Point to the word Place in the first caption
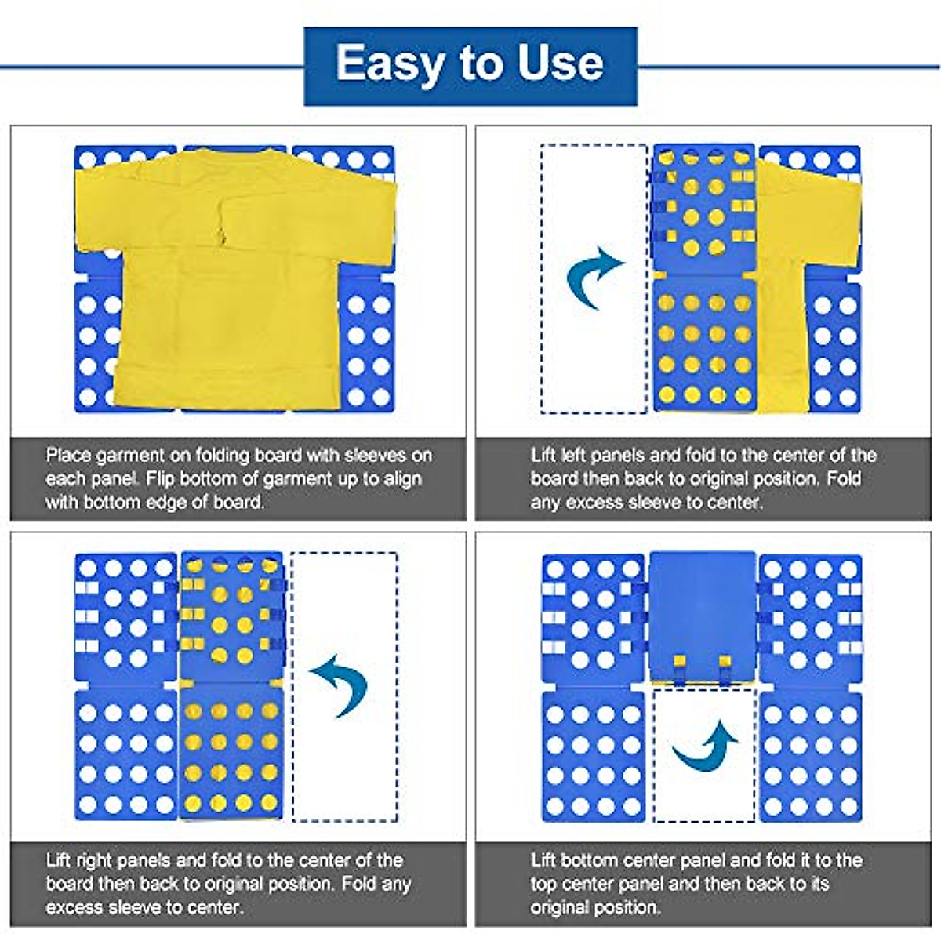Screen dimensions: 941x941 coord(68,456)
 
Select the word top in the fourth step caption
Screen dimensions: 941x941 coord(543,885)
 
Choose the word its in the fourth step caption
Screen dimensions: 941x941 coord(820,885)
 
